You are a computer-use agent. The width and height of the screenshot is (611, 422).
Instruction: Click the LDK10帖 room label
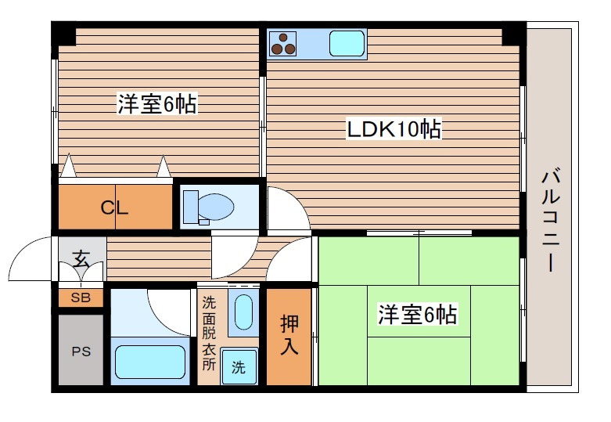pos(394,129)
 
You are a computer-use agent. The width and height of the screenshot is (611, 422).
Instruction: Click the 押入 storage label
pos(289,335)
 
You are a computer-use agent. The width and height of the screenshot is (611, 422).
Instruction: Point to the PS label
pos(81,352)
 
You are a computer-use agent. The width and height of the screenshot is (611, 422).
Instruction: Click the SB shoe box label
pos(81,298)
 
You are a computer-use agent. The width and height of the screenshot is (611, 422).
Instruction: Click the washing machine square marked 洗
pos(238,367)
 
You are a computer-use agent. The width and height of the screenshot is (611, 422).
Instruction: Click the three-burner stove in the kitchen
pos(282,43)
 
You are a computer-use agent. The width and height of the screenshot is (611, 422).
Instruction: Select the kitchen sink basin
pos(347,43)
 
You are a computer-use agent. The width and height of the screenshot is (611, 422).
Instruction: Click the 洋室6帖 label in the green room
pos(418,316)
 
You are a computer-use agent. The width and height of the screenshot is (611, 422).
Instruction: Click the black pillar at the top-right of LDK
pos(514,34)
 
